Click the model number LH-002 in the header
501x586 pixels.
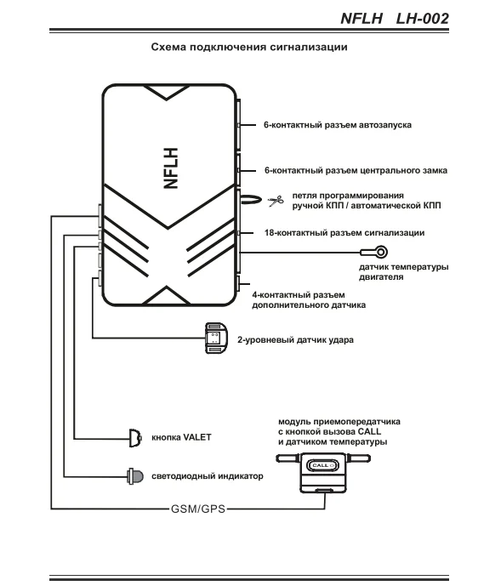coord(422,19)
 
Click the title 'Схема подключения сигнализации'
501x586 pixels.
coord(249,47)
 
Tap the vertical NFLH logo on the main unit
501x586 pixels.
coord(171,168)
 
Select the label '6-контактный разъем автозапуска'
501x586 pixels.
coord(338,125)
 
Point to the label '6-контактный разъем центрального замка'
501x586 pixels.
coord(356,170)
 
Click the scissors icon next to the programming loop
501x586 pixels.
coord(276,201)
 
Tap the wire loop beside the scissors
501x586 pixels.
coord(249,200)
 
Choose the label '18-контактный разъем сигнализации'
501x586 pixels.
coord(344,233)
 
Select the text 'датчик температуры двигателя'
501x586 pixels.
coord(404,272)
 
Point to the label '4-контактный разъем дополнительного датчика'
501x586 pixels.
coord(309,300)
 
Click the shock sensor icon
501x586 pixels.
coord(216,339)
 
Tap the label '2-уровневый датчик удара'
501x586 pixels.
coord(295,340)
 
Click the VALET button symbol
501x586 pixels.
coord(135,438)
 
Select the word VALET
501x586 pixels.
coord(197,437)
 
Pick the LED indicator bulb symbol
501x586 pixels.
coord(135,476)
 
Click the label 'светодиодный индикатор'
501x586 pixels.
coord(208,476)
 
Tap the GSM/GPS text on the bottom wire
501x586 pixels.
coord(198,509)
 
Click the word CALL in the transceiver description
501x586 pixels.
coord(369,432)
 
